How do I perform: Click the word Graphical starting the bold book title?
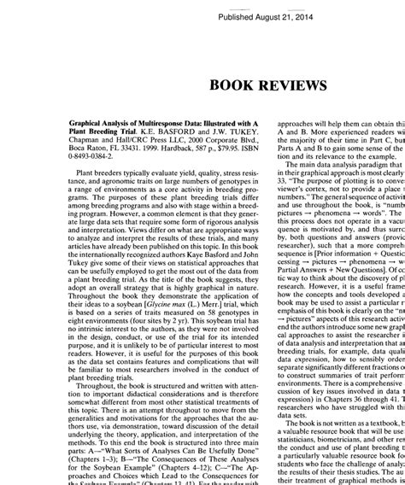(x=84, y=123)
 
